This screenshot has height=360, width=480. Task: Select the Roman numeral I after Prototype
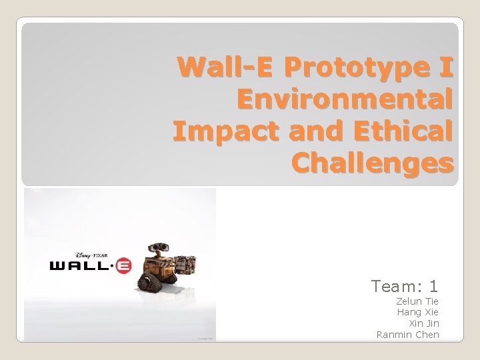[x=446, y=68]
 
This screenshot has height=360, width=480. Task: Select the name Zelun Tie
[x=417, y=301]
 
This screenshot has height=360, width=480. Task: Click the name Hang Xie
[x=418, y=312]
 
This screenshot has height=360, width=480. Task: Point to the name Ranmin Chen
[x=407, y=334]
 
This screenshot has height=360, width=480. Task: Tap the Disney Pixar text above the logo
[x=91, y=255]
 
